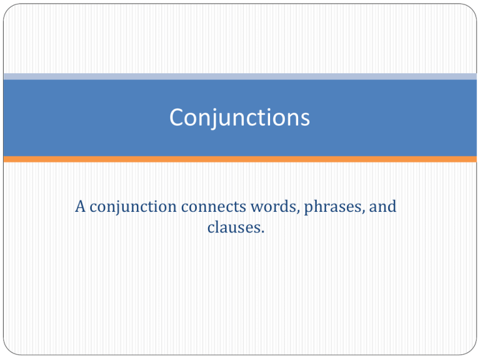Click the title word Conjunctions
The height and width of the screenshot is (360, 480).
[240, 118]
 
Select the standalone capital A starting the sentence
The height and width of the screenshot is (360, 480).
[80, 206]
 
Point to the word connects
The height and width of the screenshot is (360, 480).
[214, 207]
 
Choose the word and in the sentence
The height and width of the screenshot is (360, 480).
[382, 206]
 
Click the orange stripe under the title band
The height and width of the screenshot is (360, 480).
[240, 159]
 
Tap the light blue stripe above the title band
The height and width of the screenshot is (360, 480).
[240, 76]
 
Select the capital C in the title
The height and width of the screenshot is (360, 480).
[176, 117]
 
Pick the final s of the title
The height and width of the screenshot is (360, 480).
[305, 119]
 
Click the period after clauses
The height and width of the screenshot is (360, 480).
[262, 232]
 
